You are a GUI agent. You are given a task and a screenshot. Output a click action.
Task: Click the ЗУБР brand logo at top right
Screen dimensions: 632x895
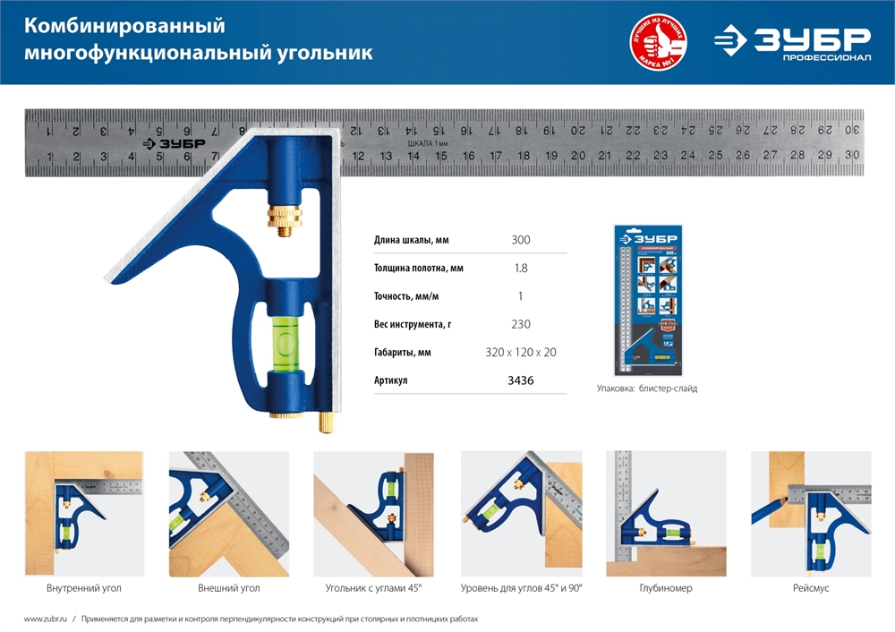pyautogui.click(x=792, y=42)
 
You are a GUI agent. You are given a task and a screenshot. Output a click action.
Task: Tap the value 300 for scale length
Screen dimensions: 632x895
pyautogui.click(x=520, y=240)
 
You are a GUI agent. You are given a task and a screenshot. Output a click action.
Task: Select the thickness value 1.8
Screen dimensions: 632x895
pyautogui.click(x=520, y=268)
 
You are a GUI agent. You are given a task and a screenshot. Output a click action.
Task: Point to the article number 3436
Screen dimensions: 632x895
pyautogui.click(x=520, y=380)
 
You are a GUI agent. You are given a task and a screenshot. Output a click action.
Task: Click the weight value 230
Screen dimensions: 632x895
pyautogui.click(x=520, y=324)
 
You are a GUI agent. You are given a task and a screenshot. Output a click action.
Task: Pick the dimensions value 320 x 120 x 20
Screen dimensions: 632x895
pyautogui.click(x=520, y=353)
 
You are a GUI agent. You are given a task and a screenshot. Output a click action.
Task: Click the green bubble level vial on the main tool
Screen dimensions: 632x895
pyautogui.click(x=286, y=344)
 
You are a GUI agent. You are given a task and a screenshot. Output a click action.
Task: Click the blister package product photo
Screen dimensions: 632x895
pyautogui.click(x=646, y=300)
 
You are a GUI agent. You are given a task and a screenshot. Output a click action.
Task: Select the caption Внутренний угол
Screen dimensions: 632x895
pyautogui.click(x=83, y=589)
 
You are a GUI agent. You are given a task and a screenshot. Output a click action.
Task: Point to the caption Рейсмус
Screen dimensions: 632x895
pyautogui.click(x=810, y=589)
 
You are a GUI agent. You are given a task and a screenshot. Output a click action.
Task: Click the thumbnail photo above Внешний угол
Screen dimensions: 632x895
pyautogui.click(x=229, y=513)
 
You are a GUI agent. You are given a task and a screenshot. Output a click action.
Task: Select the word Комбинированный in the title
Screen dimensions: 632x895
pyautogui.click(x=124, y=25)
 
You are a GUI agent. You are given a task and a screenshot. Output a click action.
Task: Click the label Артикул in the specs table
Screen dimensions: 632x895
pyautogui.click(x=391, y=380)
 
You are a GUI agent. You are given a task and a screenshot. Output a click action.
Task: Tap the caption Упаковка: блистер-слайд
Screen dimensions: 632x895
pyautogui.click(x=647, y=389)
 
